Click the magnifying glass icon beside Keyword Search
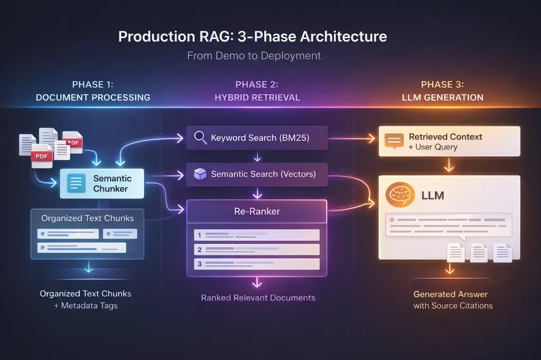pyautogui.click(x=200, y=138)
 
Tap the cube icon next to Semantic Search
pyautogui.click(x=200, y=174)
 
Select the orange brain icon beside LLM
pyautogui.click(x=400, y=195)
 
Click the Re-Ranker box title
pyautogui.click(x=257, y=211)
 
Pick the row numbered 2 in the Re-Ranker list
pyautogui.click(x=257, y=250)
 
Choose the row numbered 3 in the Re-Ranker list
pyautogui.click(x=257, y=264)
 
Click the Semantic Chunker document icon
pyautogui.click(x=76, y=184)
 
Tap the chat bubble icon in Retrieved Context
pyautogui.click(x=394, y=141)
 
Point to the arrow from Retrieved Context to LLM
pyautogui.click(x=449, y=165)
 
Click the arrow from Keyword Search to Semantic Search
pyautogui.click(x=257, y=157)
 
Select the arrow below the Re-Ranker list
pyautogui.click(x=257, y=282)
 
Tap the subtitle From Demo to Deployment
pyautogui.click(x=254, y=55)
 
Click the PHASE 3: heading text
pyautogui.click(x=442, y=84)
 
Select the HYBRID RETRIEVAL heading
pyautogui.click(x=257, y=98)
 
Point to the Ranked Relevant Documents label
pyautogui.click(x=258, y=298)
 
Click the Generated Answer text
pyautogui.click(x=450, y=294)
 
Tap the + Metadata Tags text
pyautogui.click(x=86, y=306)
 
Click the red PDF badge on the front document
pyautogui.click(x=41, y=156)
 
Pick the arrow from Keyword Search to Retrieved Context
pyautogui.click(x=352, y=139)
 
